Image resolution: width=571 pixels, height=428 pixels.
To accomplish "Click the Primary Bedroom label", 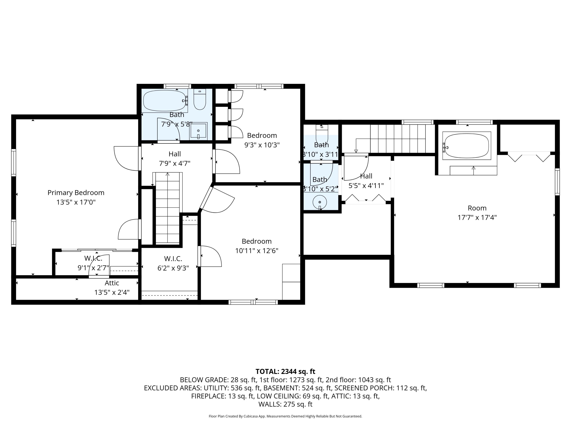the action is (x=76, y=193).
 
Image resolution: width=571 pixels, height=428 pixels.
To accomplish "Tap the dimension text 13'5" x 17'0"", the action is (x=76, y=202).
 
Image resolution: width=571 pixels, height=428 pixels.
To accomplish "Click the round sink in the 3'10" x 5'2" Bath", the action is (x=320, y=202).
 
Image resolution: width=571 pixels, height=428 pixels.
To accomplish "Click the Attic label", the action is (x=112, y=283).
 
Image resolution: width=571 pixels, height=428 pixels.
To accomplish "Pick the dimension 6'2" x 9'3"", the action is (x=173, y=268).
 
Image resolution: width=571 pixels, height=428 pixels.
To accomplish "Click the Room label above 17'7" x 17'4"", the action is (x=477, y=208).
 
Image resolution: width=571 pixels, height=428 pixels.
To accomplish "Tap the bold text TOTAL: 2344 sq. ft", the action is (x=285, y=372).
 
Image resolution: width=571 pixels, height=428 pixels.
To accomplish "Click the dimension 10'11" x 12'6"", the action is (x=257, y=251).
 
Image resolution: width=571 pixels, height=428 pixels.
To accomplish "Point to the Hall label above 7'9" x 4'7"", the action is (x=175, y=154).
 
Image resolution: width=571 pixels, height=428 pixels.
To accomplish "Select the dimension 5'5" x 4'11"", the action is (x=366, y=185).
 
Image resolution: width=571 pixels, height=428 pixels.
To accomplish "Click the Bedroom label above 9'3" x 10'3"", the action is (x=262, y=135).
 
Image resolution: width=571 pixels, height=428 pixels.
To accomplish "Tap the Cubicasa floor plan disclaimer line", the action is (x=285, y=416).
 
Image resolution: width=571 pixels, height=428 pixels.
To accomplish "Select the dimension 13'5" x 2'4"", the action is (x=112, y=292).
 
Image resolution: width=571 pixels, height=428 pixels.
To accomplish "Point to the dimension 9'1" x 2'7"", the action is (x=93, y=268).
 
